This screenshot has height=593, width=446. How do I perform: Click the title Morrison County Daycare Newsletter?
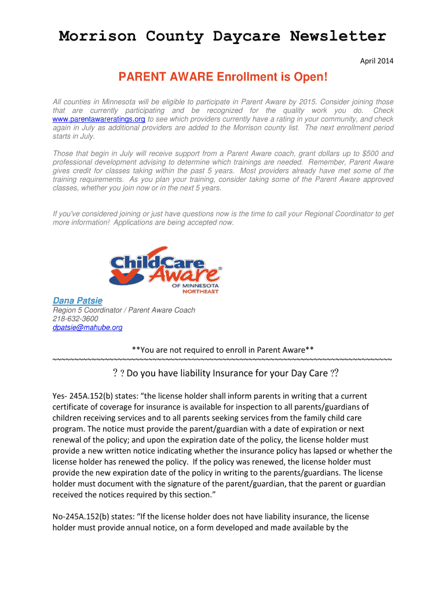coord(222,36)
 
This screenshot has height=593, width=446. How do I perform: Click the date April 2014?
coord(376,61)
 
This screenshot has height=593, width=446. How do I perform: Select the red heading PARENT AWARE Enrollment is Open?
coord(223,77)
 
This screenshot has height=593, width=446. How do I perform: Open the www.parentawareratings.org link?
coord(98,119)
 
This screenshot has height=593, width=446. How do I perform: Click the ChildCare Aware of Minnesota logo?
coord(165,269)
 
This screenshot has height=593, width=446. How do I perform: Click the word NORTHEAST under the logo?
coord(200,291)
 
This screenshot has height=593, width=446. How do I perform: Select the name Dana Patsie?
coord(78,301)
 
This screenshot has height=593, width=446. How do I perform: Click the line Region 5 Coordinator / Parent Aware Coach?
coord(124,310)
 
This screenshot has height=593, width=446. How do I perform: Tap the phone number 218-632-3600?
coord(75,319)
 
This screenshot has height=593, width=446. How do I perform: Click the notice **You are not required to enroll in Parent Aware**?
coord(223,350)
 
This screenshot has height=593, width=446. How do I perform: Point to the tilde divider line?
coord(223,360)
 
